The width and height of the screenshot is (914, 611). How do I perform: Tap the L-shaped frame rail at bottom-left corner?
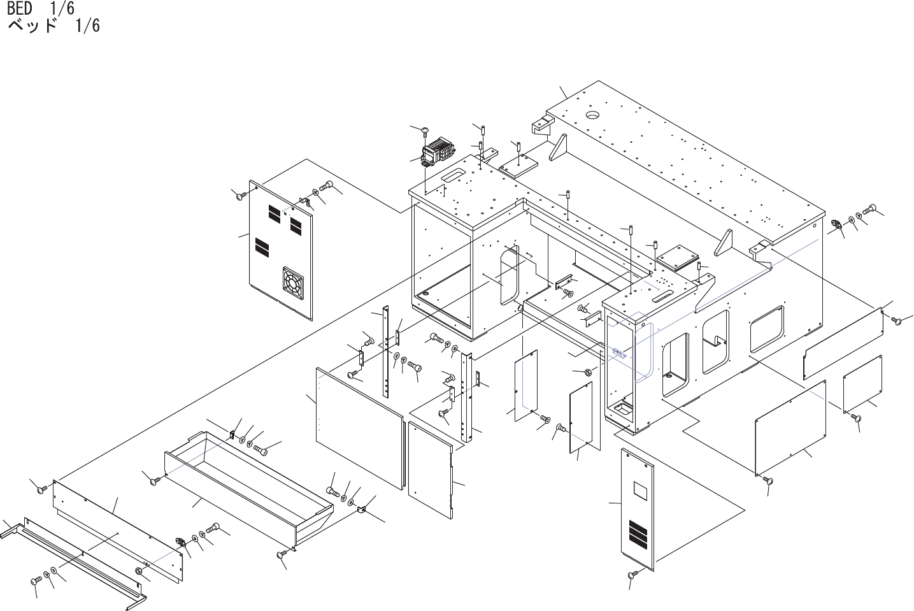coord(76,561)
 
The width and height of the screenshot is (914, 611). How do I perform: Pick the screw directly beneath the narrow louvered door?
coord(632,575)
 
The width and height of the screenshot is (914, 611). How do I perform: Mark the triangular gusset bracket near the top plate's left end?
coord(559,148)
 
